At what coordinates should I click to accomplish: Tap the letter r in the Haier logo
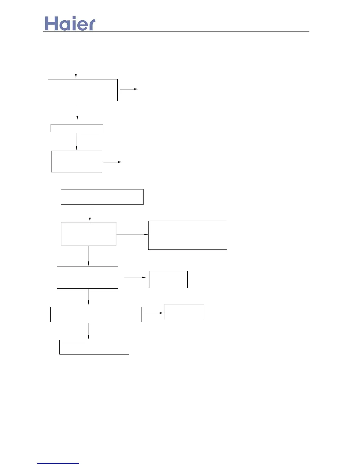coord(91,25)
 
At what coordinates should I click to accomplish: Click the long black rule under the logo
coord(176,32)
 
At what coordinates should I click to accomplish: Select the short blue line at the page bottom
coord(58,463)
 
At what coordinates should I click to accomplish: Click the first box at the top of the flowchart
coord(83,90)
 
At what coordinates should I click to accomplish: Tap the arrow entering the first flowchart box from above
coord(76,71)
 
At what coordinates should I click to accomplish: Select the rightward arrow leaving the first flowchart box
coord(129,89)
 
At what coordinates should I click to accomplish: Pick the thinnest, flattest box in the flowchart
coord(77,128)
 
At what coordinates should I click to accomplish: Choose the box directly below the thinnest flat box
coord(76,162)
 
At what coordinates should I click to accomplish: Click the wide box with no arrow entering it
coord(102,197)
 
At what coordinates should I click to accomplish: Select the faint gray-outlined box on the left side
coord(89,234)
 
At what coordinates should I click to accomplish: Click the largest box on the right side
coord(188,235)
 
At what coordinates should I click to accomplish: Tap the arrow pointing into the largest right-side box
coord(132,234)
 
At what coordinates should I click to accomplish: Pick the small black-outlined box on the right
coord(168,279)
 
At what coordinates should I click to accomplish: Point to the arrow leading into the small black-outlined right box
coord(135,277)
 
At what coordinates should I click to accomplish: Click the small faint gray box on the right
coord(184,312)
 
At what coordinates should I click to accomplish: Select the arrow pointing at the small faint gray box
coord(153,313)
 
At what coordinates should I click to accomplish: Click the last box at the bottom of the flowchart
coord(94,347)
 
